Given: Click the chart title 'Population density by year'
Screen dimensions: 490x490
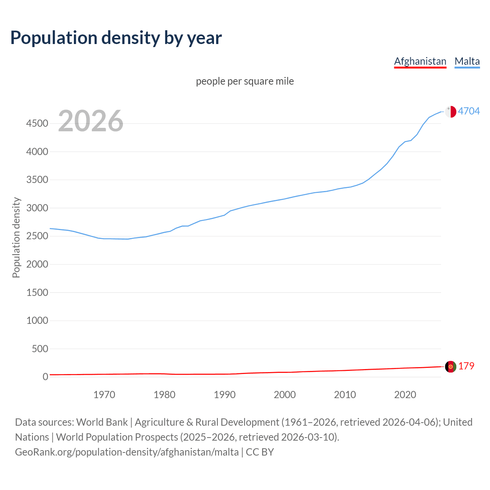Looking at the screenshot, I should point(116,38).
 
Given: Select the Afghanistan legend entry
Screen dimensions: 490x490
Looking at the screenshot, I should point(420,61).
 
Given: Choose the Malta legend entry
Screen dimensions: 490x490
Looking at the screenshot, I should point(467,61).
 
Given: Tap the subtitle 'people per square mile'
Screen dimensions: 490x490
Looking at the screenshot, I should point(245,81).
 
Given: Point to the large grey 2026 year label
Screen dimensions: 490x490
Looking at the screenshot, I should point(91,121).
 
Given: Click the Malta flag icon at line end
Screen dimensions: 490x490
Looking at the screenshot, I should point(451,111).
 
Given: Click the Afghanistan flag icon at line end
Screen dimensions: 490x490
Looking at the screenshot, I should point(451,366).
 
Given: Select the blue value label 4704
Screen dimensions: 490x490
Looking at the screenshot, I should point(469,111).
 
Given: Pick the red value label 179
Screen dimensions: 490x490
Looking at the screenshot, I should point(466,366).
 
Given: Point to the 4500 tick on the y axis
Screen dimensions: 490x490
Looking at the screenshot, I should point(37,124).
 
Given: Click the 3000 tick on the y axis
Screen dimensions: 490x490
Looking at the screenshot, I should point(37,208).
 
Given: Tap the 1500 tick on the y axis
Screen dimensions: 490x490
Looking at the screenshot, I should point(37,292).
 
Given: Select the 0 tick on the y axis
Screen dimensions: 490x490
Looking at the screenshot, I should point(45,377).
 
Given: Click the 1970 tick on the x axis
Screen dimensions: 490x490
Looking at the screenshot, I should point(104,395).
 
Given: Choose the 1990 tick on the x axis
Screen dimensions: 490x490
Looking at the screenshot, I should point(225,395).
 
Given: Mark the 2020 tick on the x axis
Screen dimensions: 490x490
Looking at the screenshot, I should point(405,395).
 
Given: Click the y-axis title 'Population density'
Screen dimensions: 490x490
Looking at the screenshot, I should point(16,237).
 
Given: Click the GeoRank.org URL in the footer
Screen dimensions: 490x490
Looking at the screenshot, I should point(127,452).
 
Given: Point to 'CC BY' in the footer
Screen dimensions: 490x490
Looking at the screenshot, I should point(260,452).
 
